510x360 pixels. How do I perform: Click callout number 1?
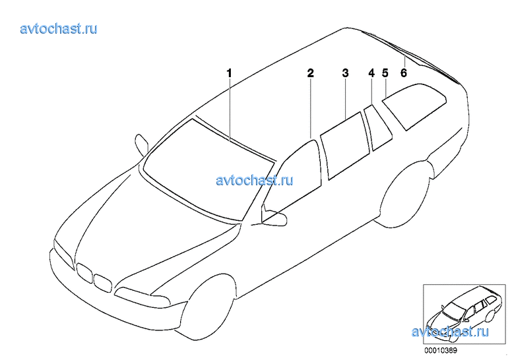(230, 73)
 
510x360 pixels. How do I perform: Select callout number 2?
(311, 73)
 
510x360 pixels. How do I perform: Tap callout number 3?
(345, 73)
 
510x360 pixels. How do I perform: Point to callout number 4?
(371, 73)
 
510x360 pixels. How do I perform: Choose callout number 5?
(385, 73)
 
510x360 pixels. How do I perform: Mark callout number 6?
(403, 73)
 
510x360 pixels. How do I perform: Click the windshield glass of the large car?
(208, 169)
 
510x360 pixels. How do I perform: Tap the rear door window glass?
(345, 146)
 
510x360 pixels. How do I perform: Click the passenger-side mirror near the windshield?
(141, 143)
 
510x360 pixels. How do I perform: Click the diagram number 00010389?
(441, 351)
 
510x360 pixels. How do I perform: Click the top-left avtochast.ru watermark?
(59, 29)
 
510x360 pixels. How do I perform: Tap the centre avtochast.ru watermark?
(255, 180)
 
